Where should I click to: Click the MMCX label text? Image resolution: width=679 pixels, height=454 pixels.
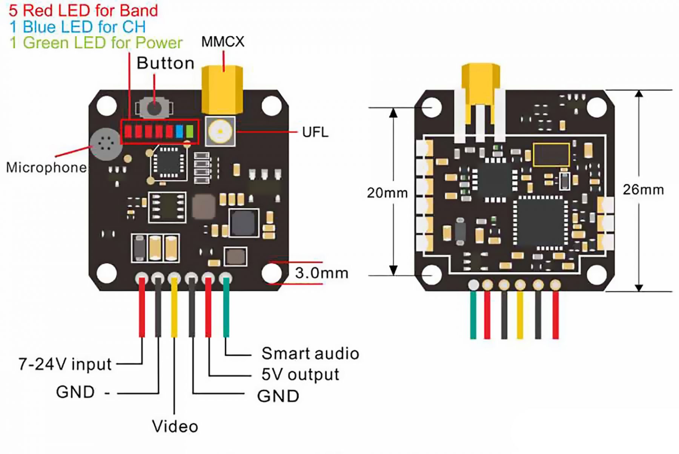[223, 41]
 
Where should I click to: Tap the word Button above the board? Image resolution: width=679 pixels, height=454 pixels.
[165, 63]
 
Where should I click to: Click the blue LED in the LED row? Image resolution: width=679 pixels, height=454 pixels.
[179, 131]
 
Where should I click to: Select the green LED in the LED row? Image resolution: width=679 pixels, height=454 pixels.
[189, 131]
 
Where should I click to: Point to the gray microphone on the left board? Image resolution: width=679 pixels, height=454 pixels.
[106, 144]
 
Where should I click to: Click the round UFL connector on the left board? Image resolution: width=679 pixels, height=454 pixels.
[220, 131]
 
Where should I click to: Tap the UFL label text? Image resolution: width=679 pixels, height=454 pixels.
[315, 132]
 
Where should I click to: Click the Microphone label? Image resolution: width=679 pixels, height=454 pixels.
[46, 167]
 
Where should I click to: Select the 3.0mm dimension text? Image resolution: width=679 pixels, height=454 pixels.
[321, 273]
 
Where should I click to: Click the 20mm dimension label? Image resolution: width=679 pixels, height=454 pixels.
[387, 193]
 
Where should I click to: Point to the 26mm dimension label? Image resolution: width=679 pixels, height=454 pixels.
[643, 190]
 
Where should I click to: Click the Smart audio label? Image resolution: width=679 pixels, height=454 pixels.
[310, 354]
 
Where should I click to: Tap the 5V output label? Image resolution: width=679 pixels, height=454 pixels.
[300, 374]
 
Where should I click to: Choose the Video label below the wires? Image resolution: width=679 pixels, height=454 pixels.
[175, 426]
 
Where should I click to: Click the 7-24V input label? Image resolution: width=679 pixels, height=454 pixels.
[65, 364]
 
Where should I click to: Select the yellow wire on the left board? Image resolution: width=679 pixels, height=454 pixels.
[174, 307]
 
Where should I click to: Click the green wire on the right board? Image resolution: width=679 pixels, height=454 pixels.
[473, 315]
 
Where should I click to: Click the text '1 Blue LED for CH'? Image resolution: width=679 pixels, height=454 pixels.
[77, 27]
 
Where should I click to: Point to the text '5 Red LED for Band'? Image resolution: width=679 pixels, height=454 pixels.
[83, 10]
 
